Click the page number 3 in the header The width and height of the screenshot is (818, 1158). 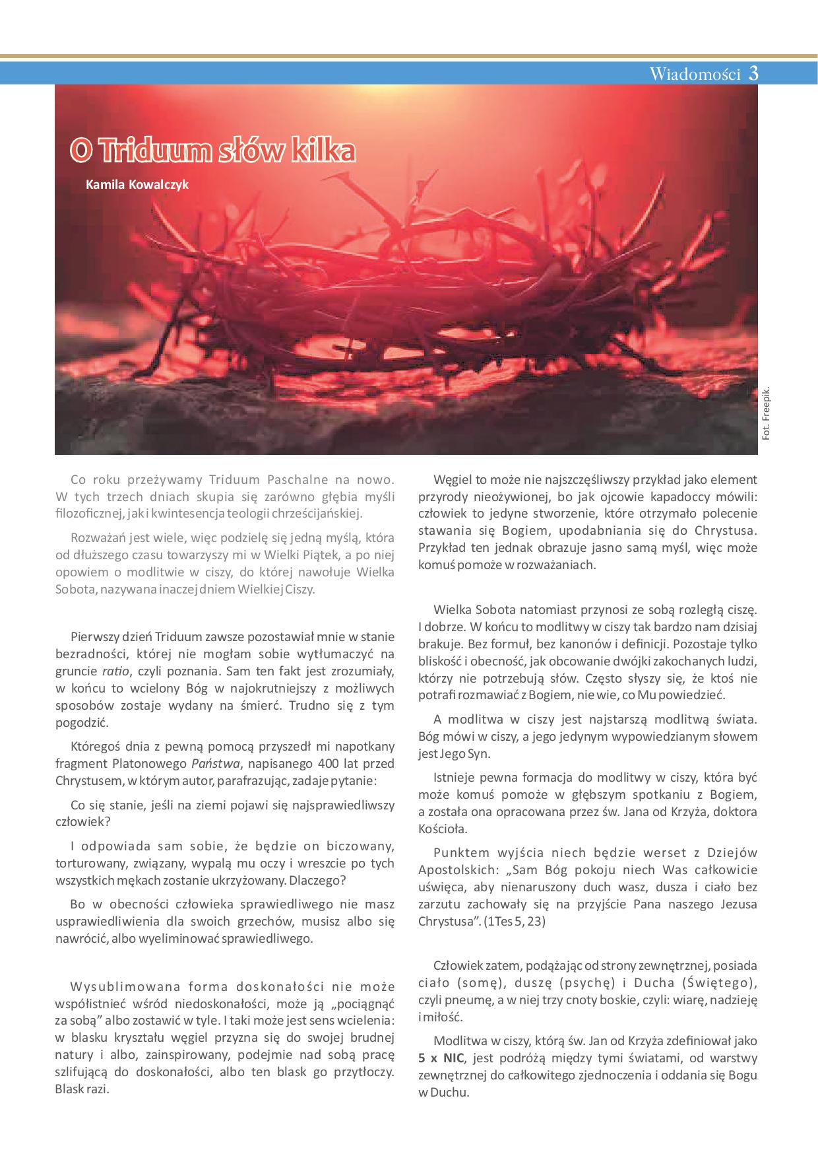753,73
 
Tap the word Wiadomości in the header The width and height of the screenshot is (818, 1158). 695,74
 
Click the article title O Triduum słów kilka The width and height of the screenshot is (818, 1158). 212,151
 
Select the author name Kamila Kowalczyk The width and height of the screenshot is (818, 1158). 137,184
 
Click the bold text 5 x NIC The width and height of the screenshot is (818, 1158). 441,1058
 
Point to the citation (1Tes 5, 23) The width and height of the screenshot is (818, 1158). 515,921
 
